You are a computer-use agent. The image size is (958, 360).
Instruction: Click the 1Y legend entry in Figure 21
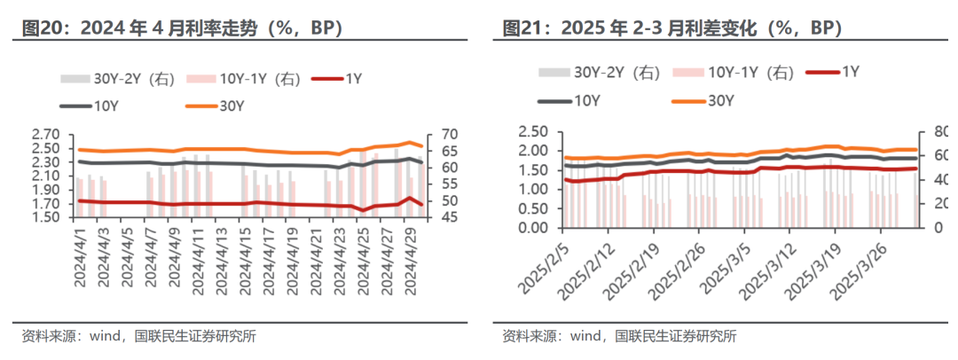(833, 72)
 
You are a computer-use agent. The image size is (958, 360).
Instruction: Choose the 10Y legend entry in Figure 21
(568, 101)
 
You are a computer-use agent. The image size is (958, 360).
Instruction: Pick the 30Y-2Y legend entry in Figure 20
(118, 78)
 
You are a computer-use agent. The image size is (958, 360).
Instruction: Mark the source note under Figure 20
(138, 336)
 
